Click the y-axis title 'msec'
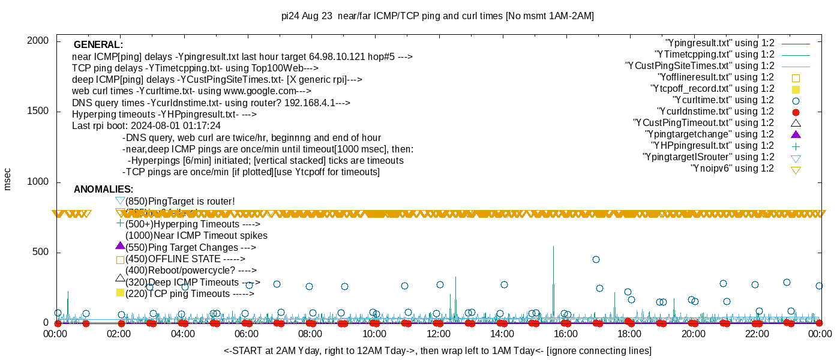7,178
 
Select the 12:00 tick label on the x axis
438,334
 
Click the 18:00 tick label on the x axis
629,334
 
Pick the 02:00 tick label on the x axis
119,334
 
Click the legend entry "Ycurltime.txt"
723,100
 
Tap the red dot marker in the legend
796,112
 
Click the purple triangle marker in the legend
796,134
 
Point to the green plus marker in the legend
796,146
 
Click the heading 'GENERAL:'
98,45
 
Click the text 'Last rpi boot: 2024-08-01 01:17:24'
146,126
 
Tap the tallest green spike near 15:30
553,247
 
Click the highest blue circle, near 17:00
596,259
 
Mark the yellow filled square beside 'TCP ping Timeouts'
120,293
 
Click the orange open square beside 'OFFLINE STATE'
120,260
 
